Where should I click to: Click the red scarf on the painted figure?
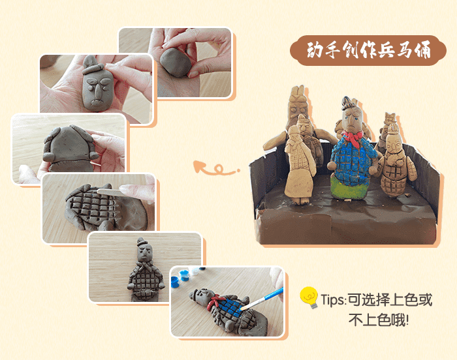click(x=353, y=138)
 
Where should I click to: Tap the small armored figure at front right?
click(x=394, y=166)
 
